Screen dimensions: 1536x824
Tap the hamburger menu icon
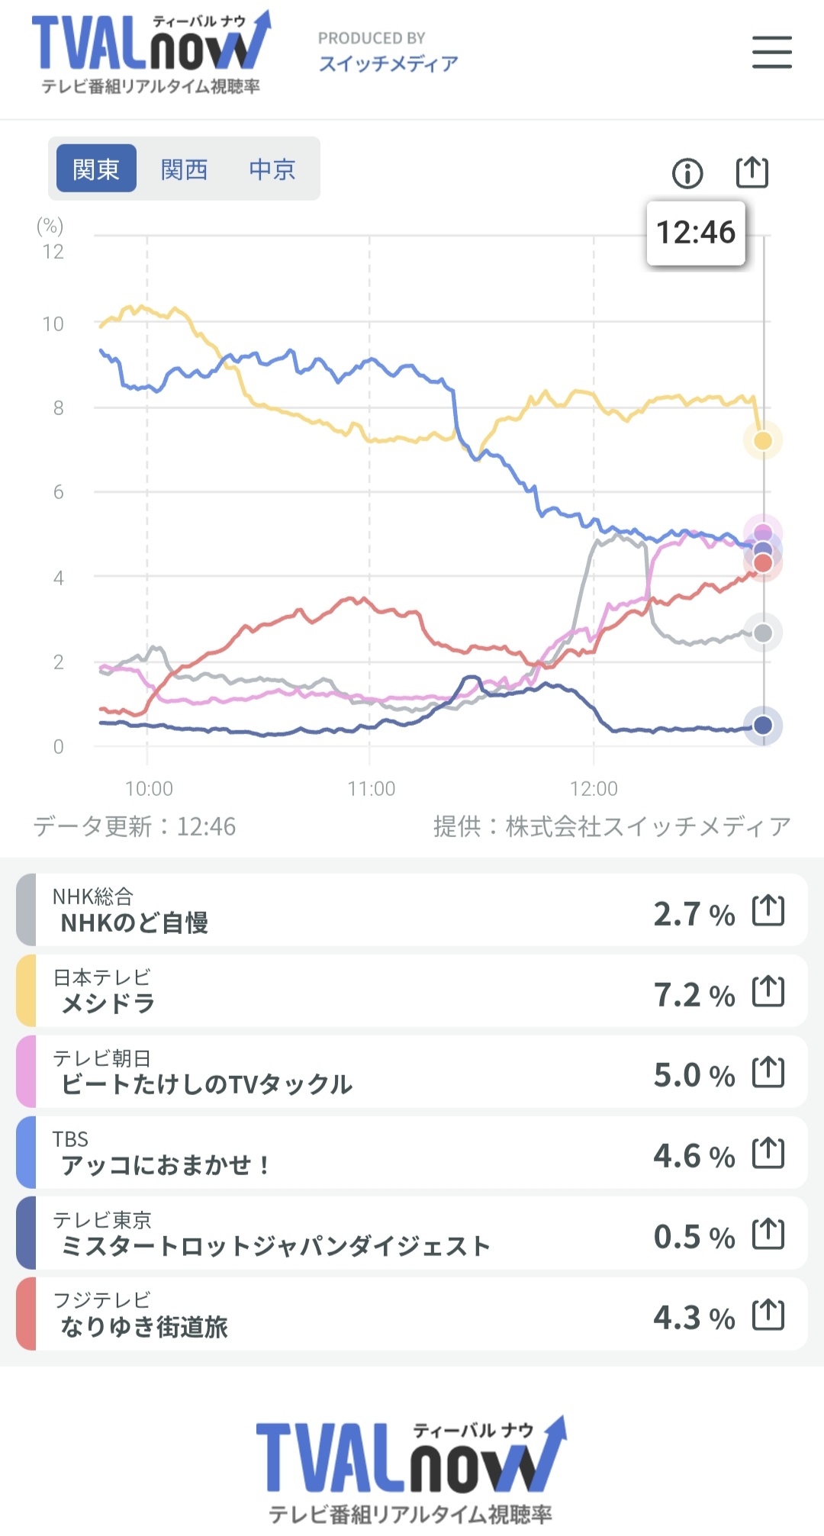[771, 52]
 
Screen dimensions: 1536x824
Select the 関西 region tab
[184, 169]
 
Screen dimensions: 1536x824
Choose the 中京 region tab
[272, 169]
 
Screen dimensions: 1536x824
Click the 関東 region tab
[96, 169]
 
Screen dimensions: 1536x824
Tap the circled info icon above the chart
[687, 173]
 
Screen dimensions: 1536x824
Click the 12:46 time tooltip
[695, 233]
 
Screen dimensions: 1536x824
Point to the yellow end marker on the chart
[763, 440]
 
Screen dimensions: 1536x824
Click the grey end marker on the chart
[763, 633]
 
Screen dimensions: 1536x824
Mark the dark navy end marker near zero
[763, 725]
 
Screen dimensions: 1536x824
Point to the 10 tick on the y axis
[53, 324]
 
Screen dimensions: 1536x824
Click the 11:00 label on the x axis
[372, 788]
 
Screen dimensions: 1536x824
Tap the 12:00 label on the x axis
[594, 788]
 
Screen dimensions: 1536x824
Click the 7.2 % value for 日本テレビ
[694, 994]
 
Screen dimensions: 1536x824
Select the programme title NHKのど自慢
[134, 923]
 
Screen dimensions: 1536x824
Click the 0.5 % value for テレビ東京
[694, 1236]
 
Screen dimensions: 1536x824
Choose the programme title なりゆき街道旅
[144, 1327]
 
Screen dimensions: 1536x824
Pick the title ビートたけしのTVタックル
[206, 1084]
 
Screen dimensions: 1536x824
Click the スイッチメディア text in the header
[388, 63]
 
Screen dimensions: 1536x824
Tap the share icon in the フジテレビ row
[768, 1314]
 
